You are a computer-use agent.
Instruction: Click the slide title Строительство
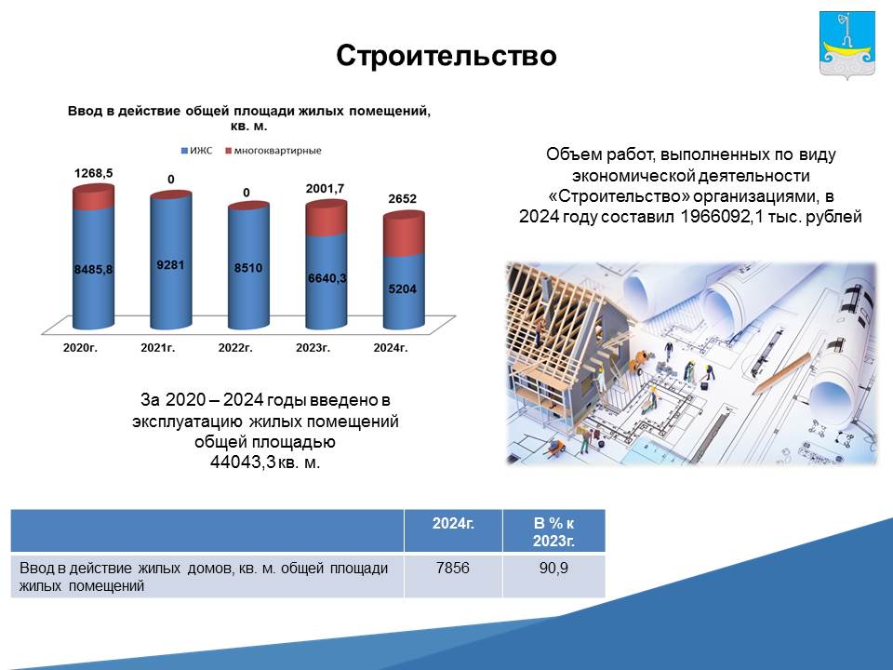point(446,56)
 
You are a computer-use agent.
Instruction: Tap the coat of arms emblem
point(846,45)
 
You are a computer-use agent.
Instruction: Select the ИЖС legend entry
point(196,151)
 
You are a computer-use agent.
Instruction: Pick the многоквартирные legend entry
point(273,151)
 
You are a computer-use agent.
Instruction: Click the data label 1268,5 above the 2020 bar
point(93,173)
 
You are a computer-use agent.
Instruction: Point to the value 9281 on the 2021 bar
point(171,265)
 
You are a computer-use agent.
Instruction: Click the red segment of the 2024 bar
point(404,234)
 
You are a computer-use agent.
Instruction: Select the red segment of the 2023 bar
point(327,218)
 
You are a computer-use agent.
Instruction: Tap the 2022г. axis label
point(235,347)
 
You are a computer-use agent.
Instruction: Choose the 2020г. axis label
point(80,347)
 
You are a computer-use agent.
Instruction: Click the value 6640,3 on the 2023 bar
point(327,278)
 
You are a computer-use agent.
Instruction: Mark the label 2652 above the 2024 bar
point(403,199)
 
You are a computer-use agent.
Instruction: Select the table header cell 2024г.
point(453,523)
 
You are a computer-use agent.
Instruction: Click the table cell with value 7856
point(453,568)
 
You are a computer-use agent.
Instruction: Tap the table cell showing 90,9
point(553,568)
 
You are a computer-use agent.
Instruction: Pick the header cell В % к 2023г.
point(553,531)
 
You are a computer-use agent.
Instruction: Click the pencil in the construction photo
point(781,374)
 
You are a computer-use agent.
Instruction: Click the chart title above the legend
point(249,118)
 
